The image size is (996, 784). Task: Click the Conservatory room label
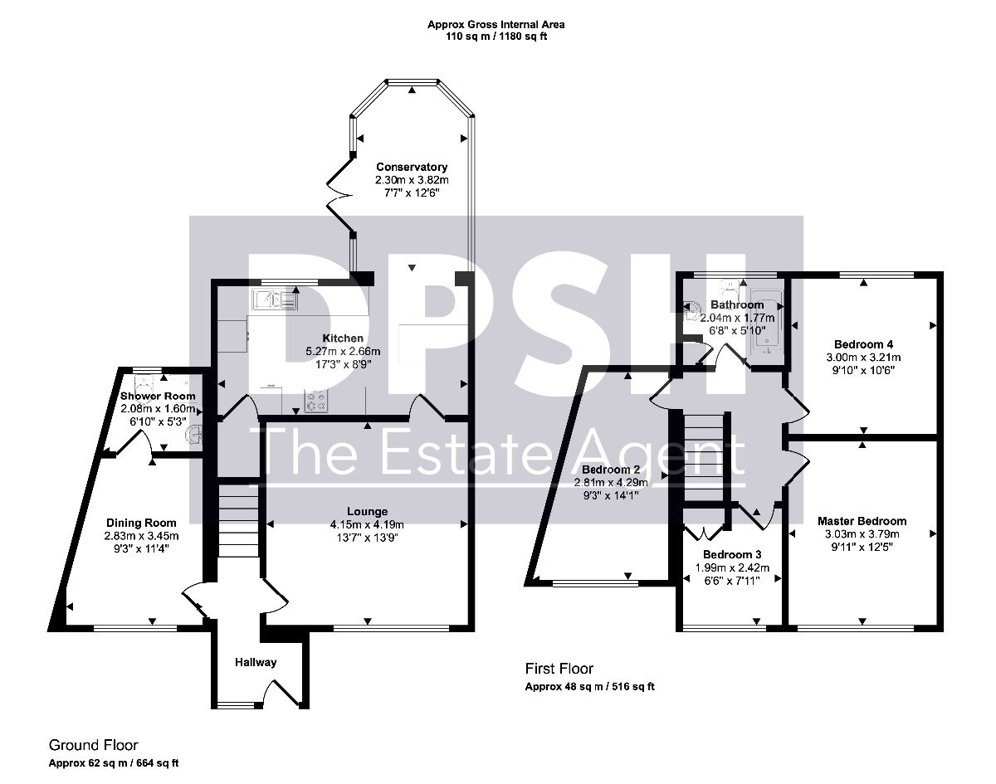(412, 167)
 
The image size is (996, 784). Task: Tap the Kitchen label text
(343, 338)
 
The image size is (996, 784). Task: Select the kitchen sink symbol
(275, 299)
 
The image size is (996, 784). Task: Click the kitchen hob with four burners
(316, 401)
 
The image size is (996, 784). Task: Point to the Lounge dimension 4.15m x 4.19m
(367, 525)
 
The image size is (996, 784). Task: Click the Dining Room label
(141, 523)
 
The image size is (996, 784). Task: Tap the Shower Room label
(158, 397)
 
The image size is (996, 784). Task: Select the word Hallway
(256, 662)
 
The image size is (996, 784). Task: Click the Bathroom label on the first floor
(737, 305)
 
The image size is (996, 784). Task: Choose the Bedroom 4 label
(864, 344)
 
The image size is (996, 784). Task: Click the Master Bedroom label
(862, 521)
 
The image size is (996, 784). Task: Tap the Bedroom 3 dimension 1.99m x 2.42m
(732, 567)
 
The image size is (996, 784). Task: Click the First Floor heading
(559, 669)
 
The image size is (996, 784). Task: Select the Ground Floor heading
(94, 745)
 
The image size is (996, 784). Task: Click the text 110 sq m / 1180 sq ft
(496, 37)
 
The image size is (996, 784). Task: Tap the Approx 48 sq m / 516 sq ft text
(589, 686)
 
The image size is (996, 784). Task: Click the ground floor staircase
(238, 521)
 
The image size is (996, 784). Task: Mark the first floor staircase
(704, 458)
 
